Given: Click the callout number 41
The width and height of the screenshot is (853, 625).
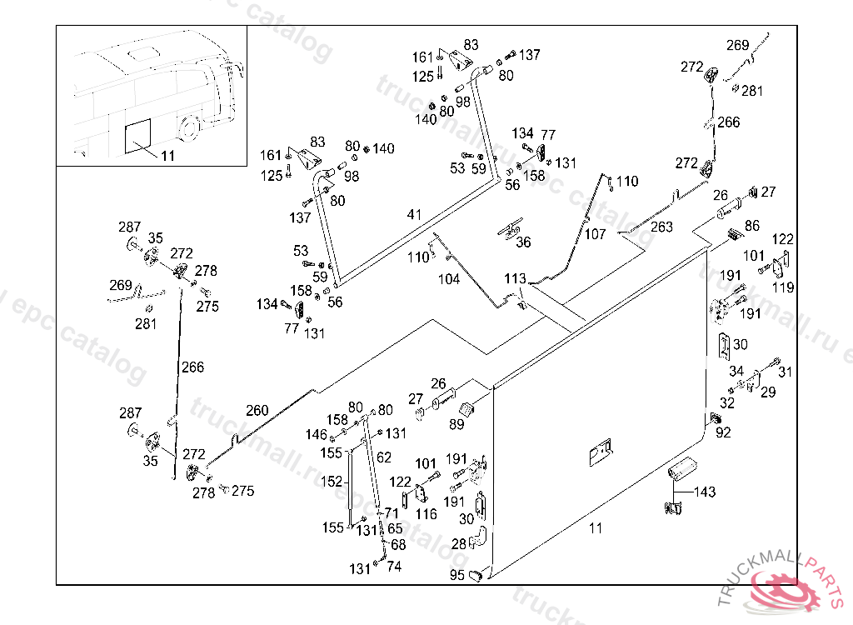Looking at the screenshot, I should pos(414,214).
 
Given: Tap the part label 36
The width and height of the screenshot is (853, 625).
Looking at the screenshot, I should pos(523,242).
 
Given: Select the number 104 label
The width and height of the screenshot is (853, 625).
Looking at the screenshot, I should pos(449,280).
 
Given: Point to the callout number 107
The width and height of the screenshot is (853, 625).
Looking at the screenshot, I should pos(595,235).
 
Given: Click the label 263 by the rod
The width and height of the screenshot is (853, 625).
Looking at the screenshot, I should pos(661,227).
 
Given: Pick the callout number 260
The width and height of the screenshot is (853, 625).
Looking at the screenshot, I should pos(257,410).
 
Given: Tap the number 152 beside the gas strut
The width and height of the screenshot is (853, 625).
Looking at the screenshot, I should pos(332,482).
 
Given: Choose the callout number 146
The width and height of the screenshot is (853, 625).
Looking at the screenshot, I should pos(316,434).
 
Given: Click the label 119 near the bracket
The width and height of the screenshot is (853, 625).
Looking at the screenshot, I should pos(783,287).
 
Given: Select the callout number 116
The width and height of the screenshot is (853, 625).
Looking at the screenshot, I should pos(426,514).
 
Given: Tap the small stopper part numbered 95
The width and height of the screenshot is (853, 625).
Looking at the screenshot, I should pos(478,574).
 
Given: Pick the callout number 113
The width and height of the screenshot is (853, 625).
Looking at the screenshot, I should pos(515,278).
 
